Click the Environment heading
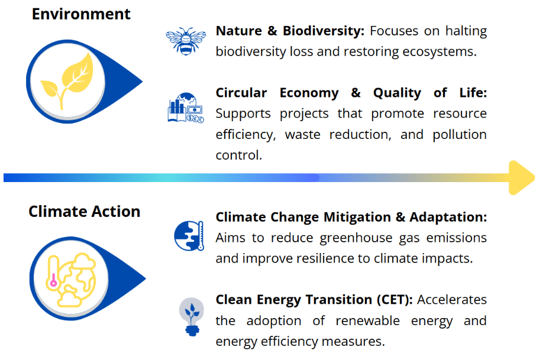[81, 14]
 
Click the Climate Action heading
[84, 212]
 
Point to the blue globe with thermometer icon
[188, 235]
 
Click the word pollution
[459, 134]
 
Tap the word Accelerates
[452, 300]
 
